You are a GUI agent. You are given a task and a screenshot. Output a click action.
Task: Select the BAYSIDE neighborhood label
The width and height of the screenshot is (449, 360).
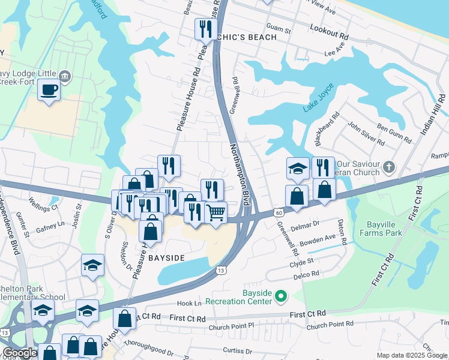166,257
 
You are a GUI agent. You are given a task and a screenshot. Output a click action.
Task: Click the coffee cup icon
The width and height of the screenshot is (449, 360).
49,90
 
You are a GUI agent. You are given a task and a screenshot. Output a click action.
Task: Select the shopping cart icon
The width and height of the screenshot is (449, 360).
215,212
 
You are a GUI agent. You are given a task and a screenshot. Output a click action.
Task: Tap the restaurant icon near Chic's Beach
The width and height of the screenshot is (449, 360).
205,28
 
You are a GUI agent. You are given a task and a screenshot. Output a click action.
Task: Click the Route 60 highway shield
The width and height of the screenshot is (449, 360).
278,212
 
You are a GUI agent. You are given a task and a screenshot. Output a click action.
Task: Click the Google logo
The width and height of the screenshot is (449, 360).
20,353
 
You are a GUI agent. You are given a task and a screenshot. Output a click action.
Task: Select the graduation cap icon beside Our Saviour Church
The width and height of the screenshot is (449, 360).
297,168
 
